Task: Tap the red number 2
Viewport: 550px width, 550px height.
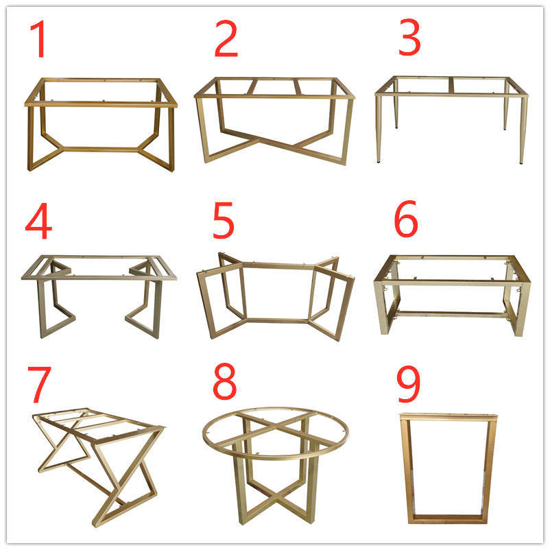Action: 226,39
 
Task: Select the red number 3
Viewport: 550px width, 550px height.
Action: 409,39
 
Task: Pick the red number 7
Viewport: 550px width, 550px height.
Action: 38,385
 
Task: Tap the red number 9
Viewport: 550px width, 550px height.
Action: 409,385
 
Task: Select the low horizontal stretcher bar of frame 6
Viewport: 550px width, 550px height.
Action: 450,314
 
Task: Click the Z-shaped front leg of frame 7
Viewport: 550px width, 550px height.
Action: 130,480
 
